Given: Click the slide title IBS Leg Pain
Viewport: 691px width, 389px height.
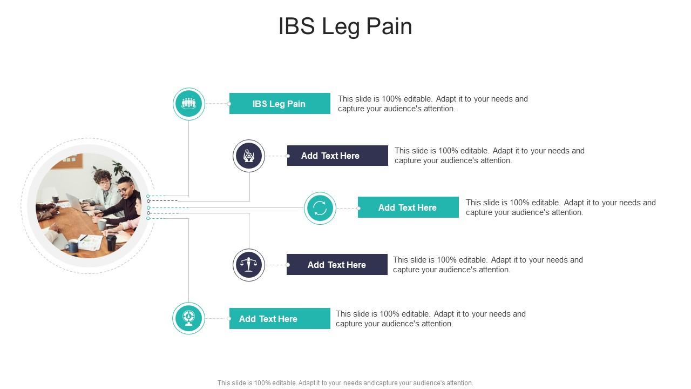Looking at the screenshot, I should tap(345, 26).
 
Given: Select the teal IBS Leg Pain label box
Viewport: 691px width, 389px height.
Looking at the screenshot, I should tap(280, 104).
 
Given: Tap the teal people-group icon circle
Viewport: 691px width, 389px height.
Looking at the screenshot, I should tap(188, 103).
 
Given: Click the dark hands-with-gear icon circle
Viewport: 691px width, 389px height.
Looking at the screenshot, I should tap(249, 156).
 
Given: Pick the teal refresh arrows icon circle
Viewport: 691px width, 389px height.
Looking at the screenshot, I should tap(320, 208).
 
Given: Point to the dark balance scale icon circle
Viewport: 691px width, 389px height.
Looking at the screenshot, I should tap(249, 265).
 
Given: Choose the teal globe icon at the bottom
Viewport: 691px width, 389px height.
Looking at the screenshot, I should tap(188, 318).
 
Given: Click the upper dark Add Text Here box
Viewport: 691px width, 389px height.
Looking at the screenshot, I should tap(337, 156).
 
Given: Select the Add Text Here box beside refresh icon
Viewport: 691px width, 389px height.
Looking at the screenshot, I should tap(408, 207).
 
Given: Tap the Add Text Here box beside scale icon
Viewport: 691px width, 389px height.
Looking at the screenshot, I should tap(337, 265).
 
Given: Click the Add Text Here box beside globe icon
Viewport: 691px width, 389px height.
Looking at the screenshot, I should tap(280, 319).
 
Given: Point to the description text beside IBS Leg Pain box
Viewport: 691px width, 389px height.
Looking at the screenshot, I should tap(432, 104).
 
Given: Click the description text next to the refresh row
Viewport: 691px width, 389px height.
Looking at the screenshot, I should tap(560, 207).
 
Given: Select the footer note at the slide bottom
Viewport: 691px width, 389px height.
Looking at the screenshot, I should tap(345, 383).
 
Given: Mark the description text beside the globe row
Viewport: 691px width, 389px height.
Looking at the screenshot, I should tap(430, 319).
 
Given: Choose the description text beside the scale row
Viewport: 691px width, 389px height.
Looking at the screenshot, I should tap(487, 265).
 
